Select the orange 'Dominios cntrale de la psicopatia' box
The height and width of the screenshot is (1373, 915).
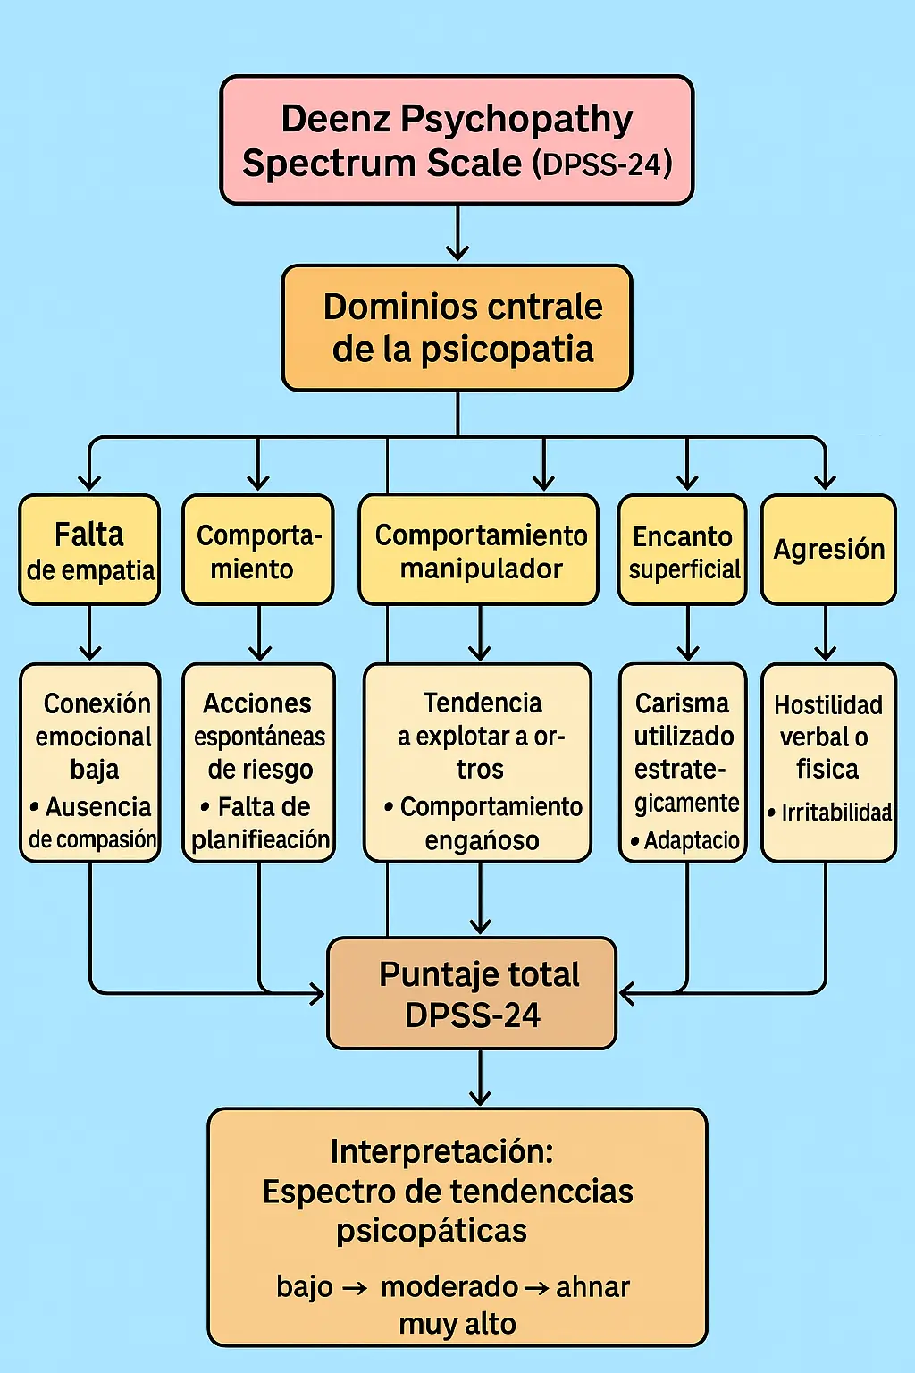pos(457,327)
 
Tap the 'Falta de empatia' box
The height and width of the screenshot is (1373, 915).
pos(89,550)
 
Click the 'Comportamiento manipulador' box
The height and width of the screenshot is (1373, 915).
pos(480,551)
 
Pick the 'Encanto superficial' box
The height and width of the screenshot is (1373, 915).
pos(683,551)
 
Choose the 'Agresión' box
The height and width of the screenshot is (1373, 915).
pos(828,549)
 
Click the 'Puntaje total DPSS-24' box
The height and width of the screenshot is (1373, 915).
pos(472,993)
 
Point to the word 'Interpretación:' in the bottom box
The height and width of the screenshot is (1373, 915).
pos(441,1151)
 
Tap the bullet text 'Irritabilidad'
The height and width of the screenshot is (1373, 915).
pos(835,813)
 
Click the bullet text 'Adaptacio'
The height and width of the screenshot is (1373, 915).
pos(691,840)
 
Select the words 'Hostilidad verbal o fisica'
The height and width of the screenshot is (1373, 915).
pos(827,737)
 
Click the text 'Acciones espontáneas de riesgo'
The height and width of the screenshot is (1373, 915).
pos(259,736)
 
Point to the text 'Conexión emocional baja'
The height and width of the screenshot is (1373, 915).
pos(95,736)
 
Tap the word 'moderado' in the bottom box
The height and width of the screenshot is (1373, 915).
pos(449,1287)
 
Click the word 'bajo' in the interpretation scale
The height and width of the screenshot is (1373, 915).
pos(305,1287)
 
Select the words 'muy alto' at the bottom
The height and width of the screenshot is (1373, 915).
pos(457,1324)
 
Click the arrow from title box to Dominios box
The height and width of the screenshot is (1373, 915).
pos(457,234)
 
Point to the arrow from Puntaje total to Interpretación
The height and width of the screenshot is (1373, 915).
pos(480,1079)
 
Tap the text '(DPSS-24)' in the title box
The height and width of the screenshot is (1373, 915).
pos(602,164)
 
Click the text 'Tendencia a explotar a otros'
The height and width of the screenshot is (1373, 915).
pos(482,736)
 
